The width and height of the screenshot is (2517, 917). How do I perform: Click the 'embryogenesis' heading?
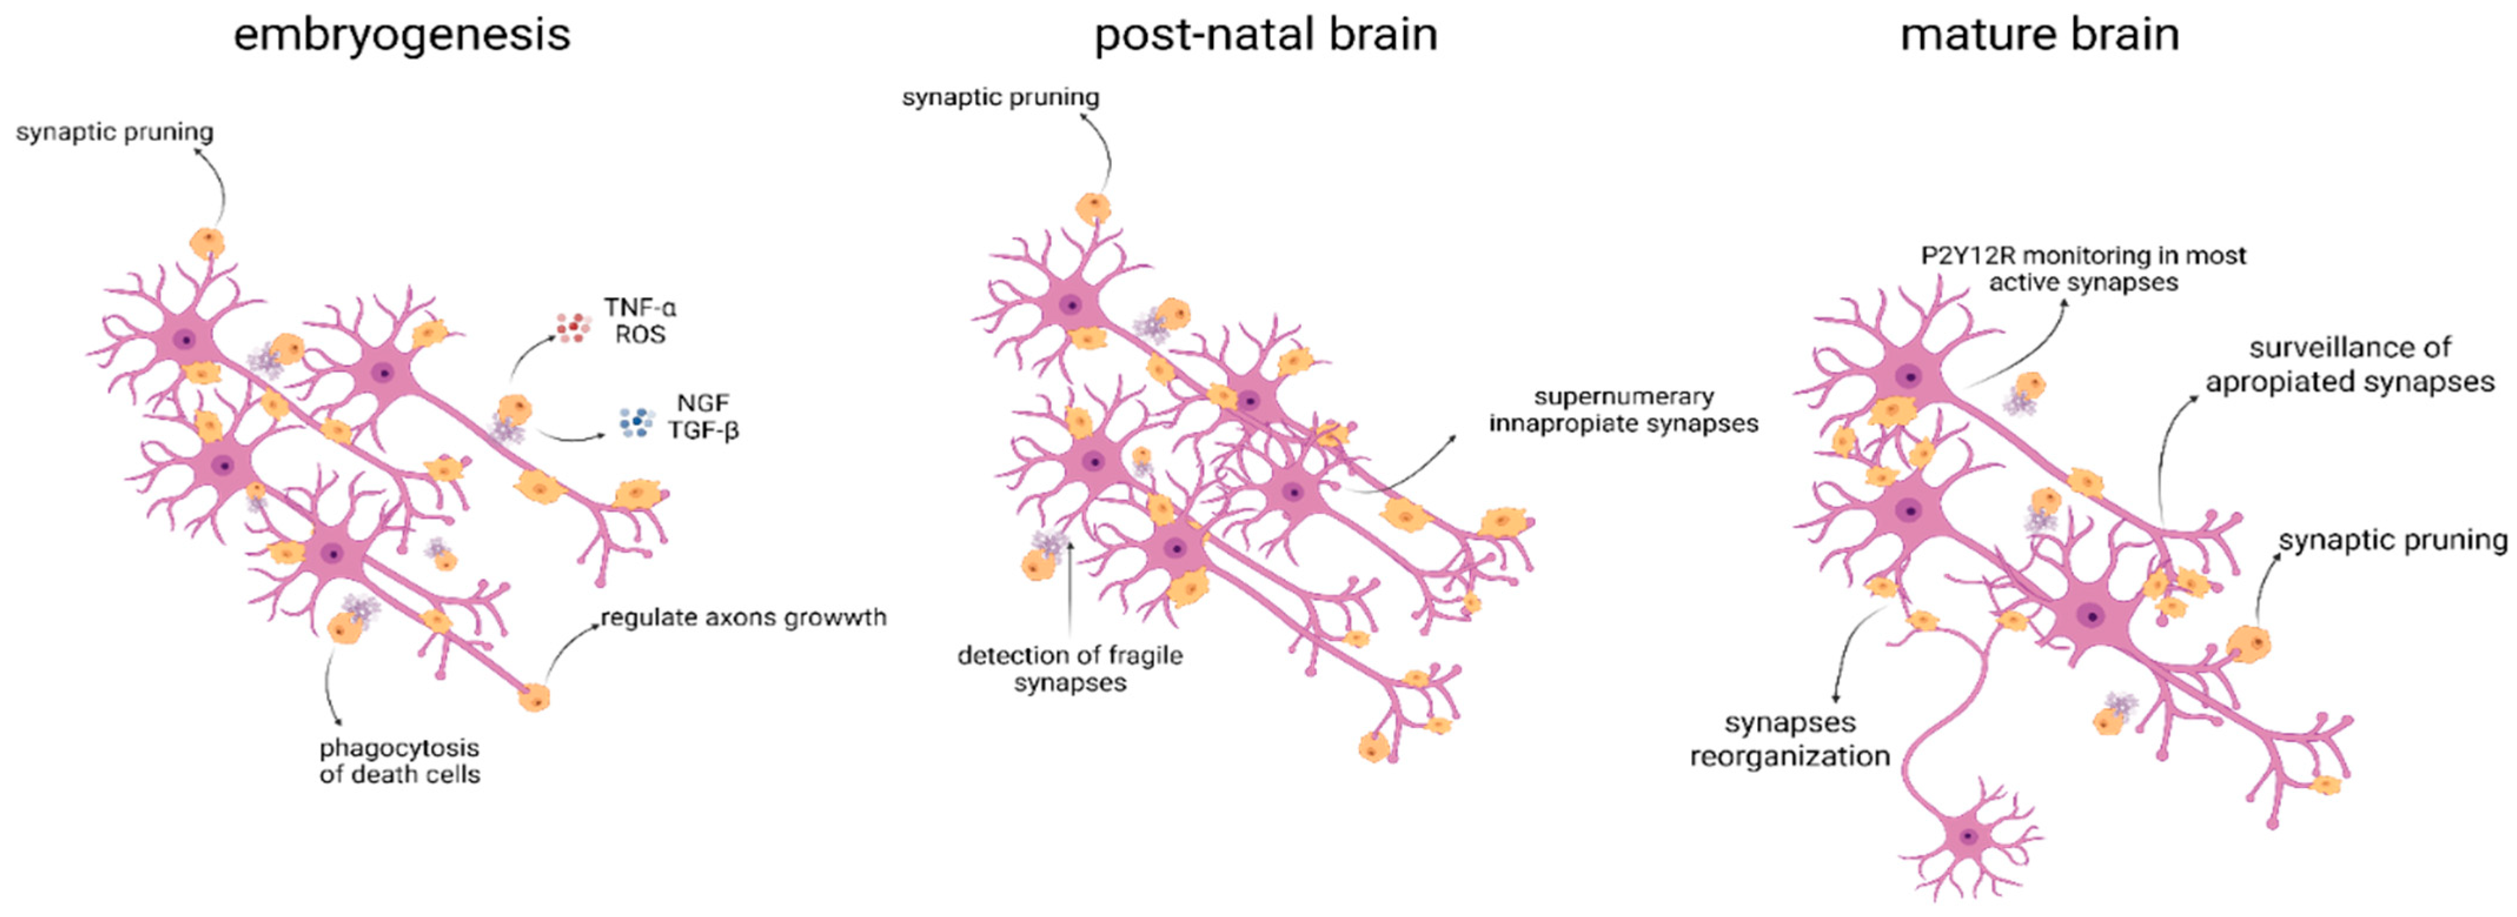(401, 35)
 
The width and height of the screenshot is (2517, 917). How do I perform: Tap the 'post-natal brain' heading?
(1266, 35)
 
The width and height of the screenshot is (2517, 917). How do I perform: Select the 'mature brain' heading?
(2039, 35)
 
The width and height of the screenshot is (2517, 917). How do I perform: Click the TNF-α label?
(640, 308)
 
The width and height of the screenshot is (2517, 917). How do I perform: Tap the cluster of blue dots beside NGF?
(636, 422)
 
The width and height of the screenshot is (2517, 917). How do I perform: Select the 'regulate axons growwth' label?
(743, 617)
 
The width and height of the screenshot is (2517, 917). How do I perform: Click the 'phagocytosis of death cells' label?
(400, 761)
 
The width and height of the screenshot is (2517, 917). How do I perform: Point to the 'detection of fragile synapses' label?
(1070, 669)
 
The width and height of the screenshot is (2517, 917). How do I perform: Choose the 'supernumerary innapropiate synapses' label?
(1623, 410)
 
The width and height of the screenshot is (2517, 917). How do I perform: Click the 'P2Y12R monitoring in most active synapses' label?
(2083, 269)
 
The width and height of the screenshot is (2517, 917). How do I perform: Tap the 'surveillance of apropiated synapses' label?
(2350, 364)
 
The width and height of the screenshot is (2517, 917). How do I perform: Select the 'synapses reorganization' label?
(1790, 739)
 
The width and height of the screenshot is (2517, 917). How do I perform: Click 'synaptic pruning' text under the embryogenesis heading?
(114, 132)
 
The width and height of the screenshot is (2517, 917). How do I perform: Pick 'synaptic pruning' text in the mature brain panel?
(2393, 540)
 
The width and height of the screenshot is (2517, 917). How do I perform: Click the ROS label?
(640, 335)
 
